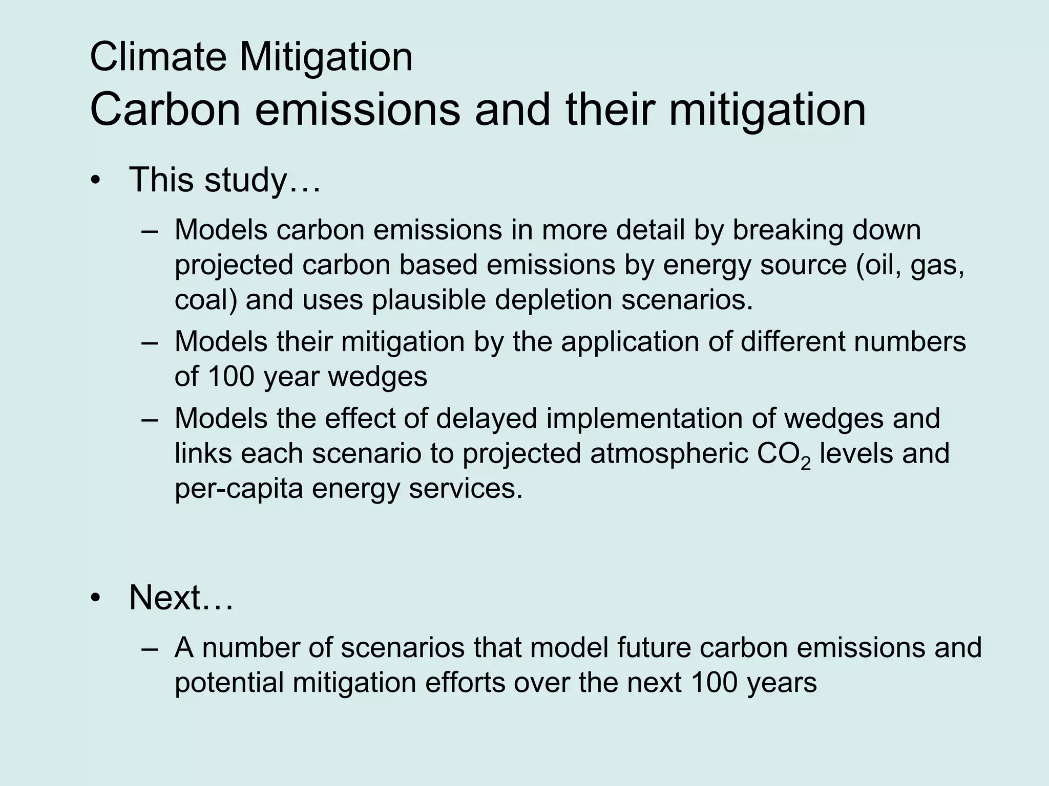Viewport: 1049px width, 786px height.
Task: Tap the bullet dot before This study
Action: (x=95, y=182)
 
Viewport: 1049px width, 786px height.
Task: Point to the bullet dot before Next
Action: (x=95, y=599)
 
